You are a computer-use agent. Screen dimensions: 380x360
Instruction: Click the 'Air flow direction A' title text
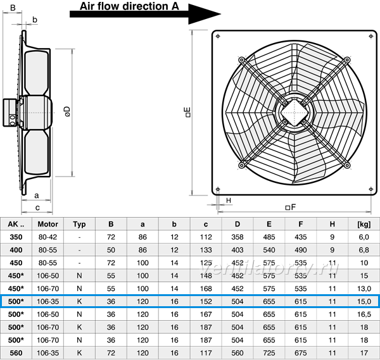[129, 6]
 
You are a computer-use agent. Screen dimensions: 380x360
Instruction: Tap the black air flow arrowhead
[204, 14]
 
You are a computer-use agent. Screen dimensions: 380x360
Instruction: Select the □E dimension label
[188, 113]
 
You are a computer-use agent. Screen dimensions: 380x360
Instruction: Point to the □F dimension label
[291, 208]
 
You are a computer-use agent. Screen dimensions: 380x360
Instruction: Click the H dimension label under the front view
[229, 201]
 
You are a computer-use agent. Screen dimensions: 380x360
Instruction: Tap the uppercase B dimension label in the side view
[13, 8]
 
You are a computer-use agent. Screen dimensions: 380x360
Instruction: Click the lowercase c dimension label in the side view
[37, 208]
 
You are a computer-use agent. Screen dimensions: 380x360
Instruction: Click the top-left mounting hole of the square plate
[218, 36]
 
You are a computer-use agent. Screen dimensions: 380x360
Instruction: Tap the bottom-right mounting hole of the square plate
[370, 189]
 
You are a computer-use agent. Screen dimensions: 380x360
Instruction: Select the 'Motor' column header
[47, 224]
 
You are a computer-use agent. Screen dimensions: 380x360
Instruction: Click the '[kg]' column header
[364, 224]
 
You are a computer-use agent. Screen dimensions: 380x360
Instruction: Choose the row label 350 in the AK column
[16, 237]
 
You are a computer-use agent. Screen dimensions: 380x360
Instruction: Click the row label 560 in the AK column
[16, 353]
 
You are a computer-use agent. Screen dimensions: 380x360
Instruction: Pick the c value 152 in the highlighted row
[206, 301]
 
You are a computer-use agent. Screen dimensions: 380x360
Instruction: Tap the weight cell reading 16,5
[364, 314]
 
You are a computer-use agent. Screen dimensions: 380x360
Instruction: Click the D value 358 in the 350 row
[237, 237]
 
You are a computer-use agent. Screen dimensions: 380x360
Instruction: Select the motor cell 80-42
[47, 237]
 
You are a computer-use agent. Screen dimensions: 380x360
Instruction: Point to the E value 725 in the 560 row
[269, 353]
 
